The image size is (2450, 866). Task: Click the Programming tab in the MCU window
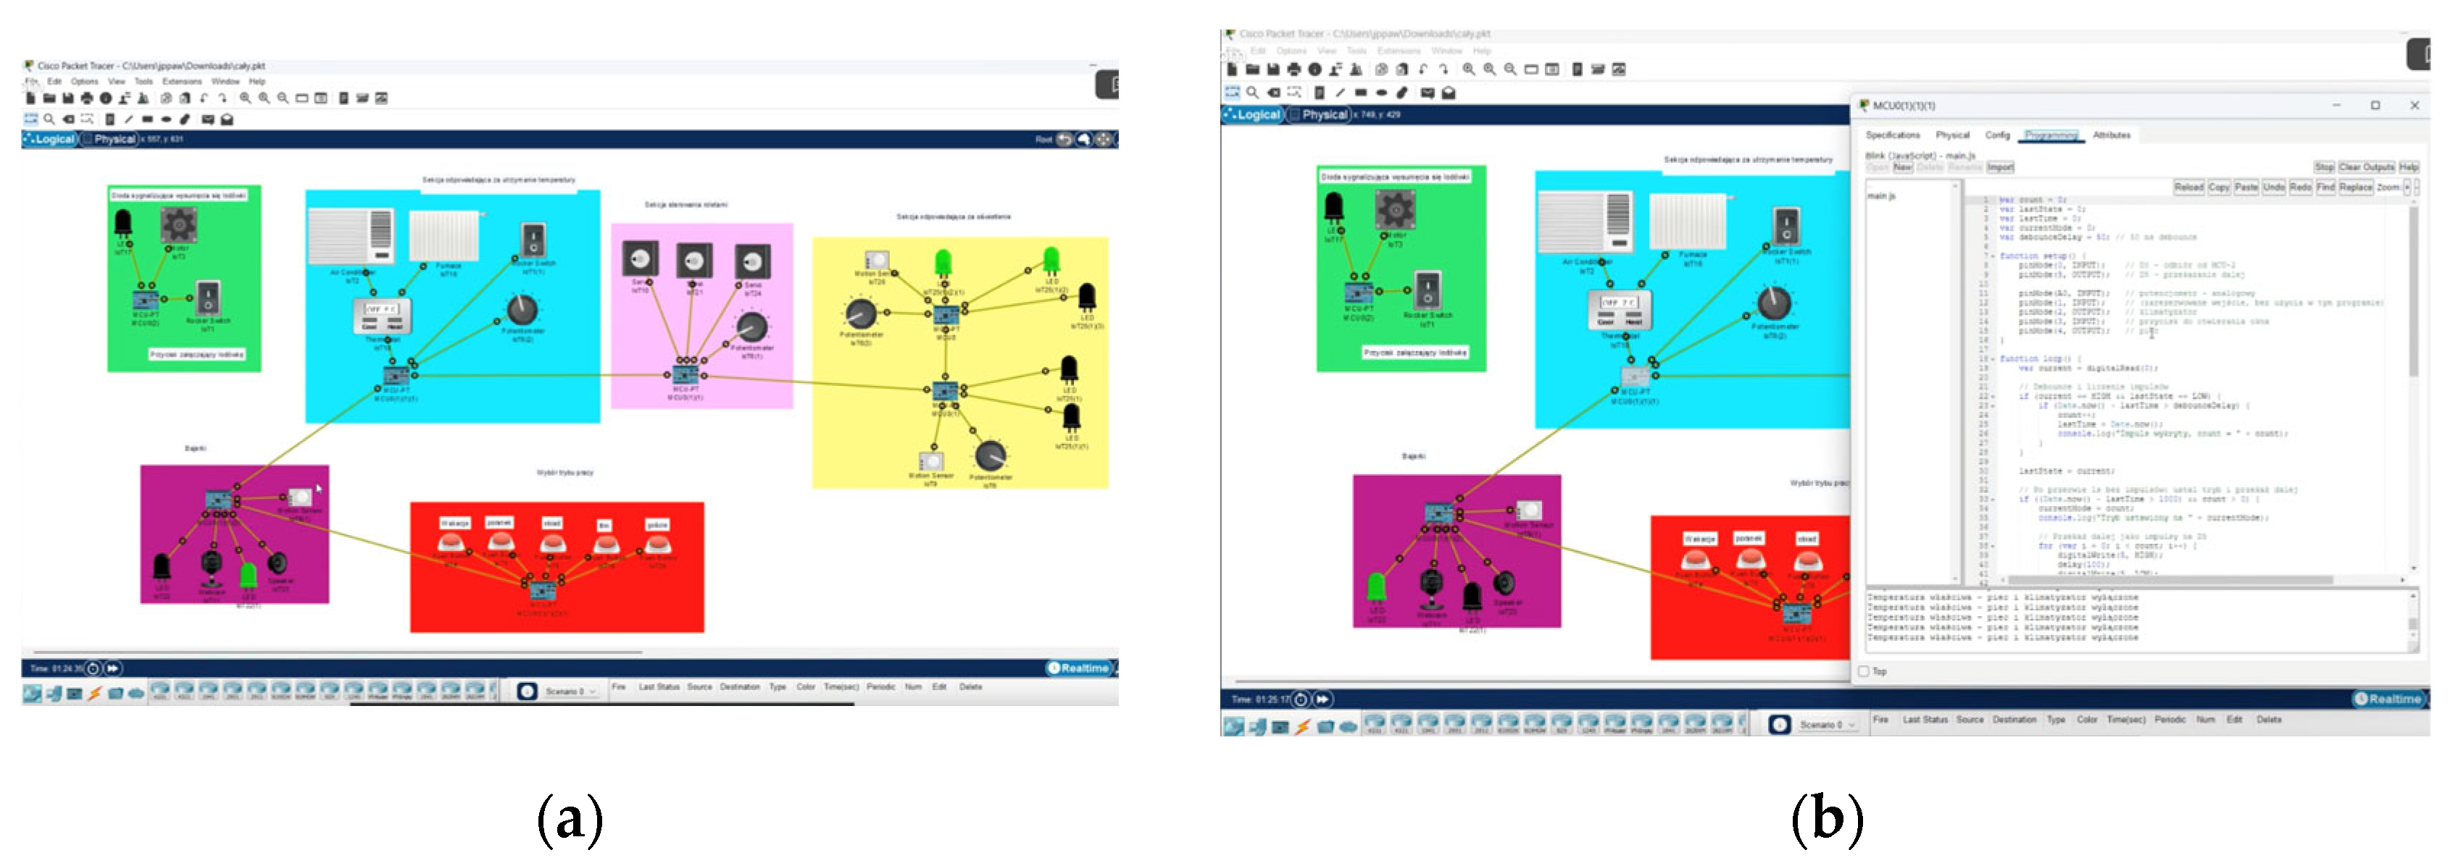point(2051,135)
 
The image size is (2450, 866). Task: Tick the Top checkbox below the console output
point(1864,671)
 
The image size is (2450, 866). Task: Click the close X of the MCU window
point(2414,106)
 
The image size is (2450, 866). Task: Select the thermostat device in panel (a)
point(383,316)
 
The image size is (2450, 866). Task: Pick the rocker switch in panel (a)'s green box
point(207,298)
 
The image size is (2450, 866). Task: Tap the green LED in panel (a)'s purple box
point(249,574)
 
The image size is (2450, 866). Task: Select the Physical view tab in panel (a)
point(114,139)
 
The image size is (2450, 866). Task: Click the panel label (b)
point(1826,817)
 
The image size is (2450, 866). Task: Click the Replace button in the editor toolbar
point(2355,188)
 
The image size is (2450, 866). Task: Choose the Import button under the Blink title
point(2000,167)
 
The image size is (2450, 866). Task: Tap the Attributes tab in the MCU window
point(2112,135)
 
